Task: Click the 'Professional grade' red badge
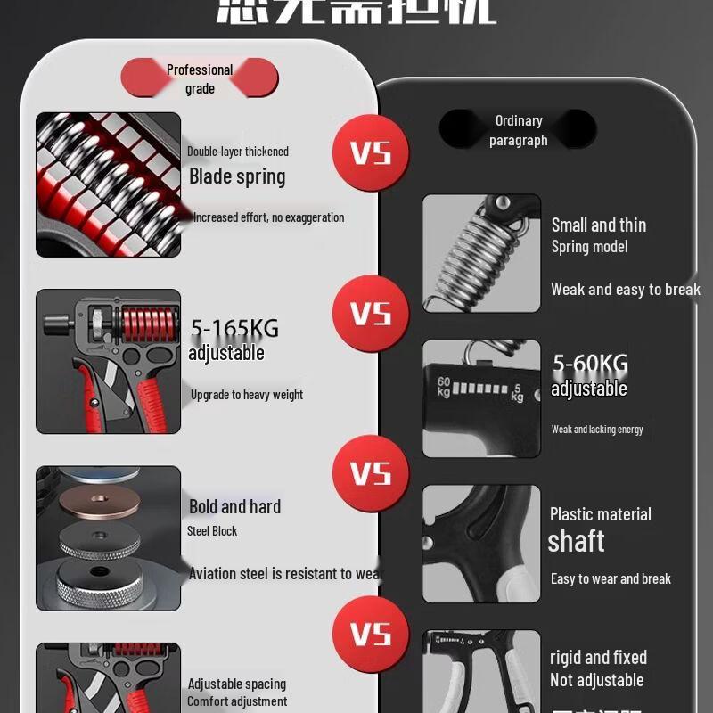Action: click(x=200, y=78)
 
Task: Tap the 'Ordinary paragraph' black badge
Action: click(x=518, y=130)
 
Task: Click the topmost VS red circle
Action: click(x=371, y=152)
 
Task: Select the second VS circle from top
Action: click(x=371, y=314)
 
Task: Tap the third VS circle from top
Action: click(x=371, y=474)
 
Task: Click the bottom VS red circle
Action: click(x=371, y=634)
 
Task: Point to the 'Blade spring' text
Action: click(x=237, y=176)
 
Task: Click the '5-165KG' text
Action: click(x=234, y=329)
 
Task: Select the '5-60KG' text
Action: click(x=590, y=364)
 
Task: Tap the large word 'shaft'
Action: click(x=576, y=541)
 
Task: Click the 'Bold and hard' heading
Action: click(x=234, y=506)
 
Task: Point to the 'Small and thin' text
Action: click(x=598, y=225)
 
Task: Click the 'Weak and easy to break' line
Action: click(x=625, y=289)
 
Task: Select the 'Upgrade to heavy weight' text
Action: click(x=246, y=395)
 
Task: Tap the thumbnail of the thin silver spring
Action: click(x=481, y=253)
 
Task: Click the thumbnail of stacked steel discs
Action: click(x=108, y=538)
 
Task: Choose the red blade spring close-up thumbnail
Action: click(x=108, y=184)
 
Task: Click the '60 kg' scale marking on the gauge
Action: click(x=444, y=386)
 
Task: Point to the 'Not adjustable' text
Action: click(x=596, y=680)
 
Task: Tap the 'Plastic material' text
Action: click(x=600, y=514)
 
